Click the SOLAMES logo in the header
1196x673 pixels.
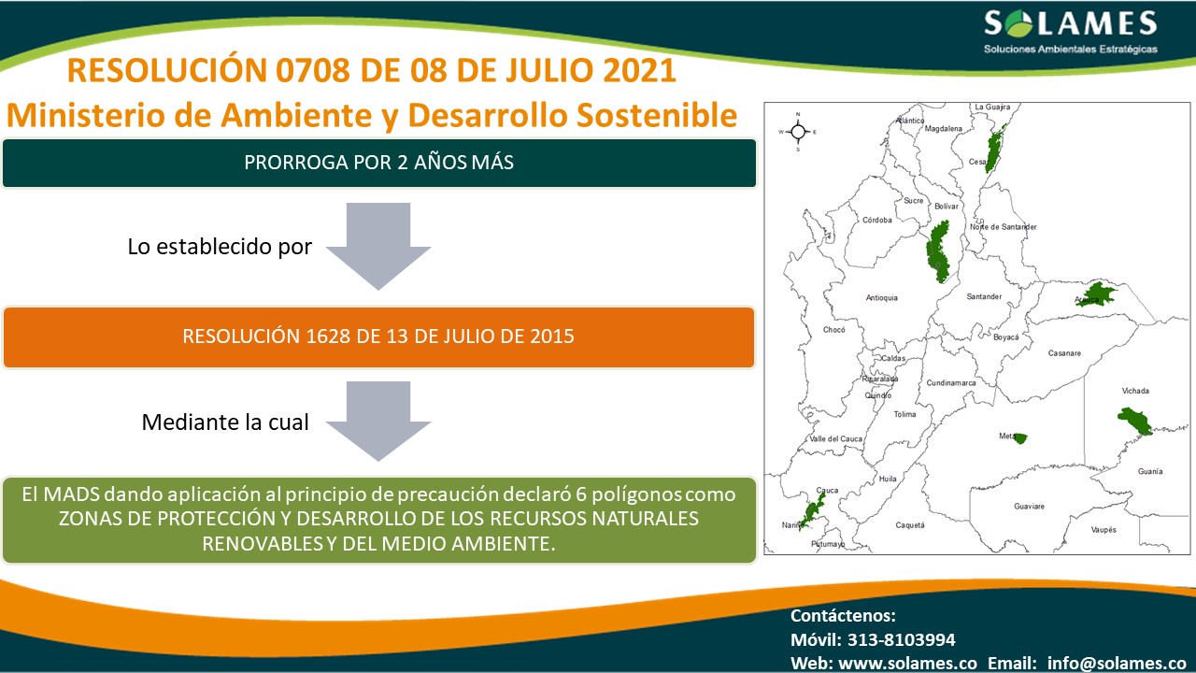pyautogui.click(x=1071, y=32)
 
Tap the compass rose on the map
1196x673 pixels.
pyautogui.click(x=798, y=132)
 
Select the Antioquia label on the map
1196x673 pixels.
pyautogui.click(x=881, y=297)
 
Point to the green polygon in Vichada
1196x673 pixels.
pyautogui.click(x=1135, y=422)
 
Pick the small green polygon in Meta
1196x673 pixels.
pyautogui.click(x=1019, y=438)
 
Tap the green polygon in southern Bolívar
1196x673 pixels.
pyautogui.click(x=938, y=251)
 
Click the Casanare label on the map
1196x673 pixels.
pyautogui.click(x=1064, y=353)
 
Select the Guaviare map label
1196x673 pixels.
pyautogui.click(x=1029, y=506)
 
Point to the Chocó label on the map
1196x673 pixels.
pyautogui.click(x=834, y=330)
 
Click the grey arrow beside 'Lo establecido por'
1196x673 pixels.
pyautogui.click(x=378, y=246)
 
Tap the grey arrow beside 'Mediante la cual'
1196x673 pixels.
pyautogui.click(x=378, y=422)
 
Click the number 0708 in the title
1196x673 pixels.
pyautogui.click(x=312, y=70)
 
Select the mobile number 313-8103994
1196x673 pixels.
pyautogui.click(x=902, y=639)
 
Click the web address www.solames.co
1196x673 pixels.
pyautogui.click(x=907, y=663)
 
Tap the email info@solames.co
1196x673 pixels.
pyautogui.click(x=1117, y=663)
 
